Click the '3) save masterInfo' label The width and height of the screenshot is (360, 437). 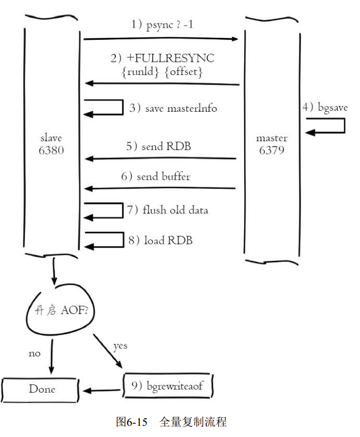tap(173, 109)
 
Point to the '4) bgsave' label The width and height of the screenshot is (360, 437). tap(325, 107)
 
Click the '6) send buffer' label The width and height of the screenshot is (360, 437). tap(155, 177)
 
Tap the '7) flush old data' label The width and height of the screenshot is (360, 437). tap(167, 210)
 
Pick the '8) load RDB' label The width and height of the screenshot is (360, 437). tap(160, 241)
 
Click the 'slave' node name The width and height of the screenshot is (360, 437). tap(51, 138)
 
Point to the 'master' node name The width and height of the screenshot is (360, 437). tap(272, 138)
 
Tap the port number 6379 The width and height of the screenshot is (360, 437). tap(272, 150)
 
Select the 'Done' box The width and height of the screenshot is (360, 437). tap(41, 389)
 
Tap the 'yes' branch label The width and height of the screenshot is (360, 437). tap(120, 346)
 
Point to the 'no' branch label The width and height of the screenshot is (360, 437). tap(34, 353)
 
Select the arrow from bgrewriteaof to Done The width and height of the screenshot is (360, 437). tap(101, 390)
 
